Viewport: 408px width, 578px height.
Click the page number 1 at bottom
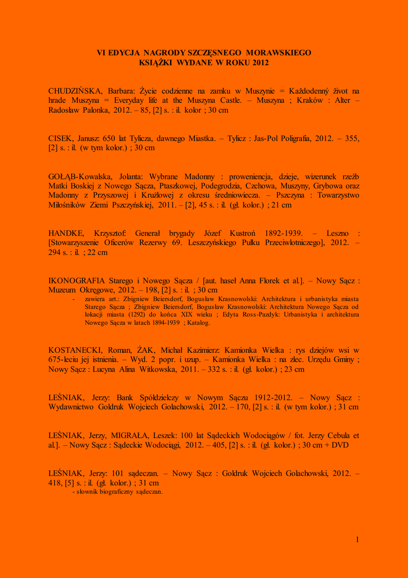(x=357, y=540)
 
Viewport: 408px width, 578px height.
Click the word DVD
(x=340, y=445)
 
